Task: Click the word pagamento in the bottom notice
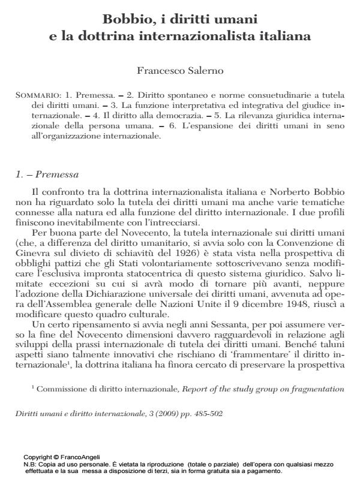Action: pos(266,471)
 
